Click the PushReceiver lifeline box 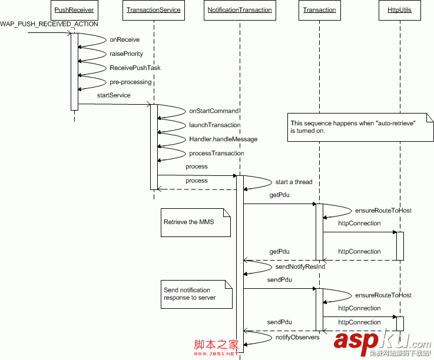[x=74, y=10]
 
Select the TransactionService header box [x=154, y=10]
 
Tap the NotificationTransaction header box [x=240, y=10]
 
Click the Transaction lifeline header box [x=319, y=10]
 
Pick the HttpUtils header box [x=400, y=10]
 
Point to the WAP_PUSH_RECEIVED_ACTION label [x=49, y=24]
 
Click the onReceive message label [x=125, y=40]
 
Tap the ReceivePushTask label [x=135, y=68]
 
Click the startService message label [x=114, y=95]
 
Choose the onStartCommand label [x=214, y=111]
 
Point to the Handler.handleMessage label [x=223, y=139]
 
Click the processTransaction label [x=217, y=153]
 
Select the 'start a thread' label [x=294, y=182]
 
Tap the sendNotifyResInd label [x=300, y=266]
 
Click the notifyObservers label [x=297, y=337]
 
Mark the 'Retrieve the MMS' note [x=197, y=222]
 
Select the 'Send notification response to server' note [x=197, y=294]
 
